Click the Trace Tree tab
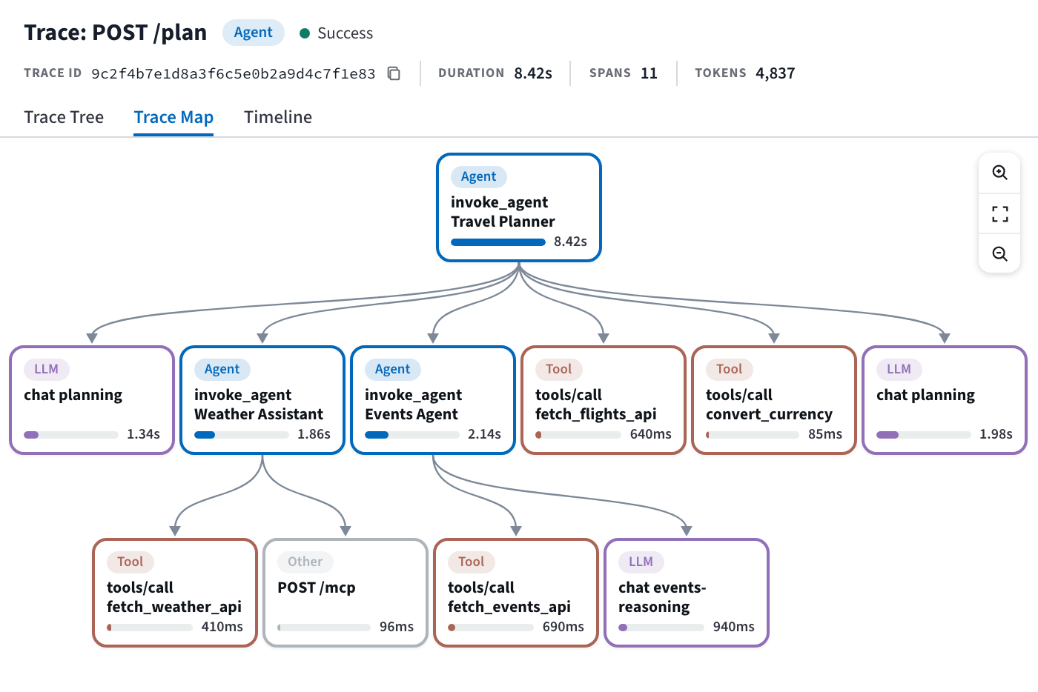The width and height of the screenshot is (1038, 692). (64, 117)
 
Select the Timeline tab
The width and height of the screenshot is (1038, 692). (278, 117)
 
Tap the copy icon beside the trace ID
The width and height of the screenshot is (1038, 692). (394, 73)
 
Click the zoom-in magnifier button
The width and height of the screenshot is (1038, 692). (999, 173)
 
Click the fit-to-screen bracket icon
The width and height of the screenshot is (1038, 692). (999, 214)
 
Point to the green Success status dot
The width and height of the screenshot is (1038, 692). (305, 33)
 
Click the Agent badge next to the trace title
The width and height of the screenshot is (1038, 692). (253, 33)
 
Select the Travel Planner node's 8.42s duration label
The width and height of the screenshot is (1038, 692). (570, 242)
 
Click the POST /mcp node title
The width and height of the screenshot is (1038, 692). (317, 588)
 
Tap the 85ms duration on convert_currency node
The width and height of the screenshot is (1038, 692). (824, 434)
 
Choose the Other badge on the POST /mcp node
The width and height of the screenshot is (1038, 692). (305, 562)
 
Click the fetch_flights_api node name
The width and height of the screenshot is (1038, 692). (596, 413)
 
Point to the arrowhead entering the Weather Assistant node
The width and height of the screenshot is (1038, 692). (262, 338)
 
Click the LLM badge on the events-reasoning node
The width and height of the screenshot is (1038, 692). (641, 562)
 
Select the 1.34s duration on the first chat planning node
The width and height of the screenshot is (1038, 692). (143, 434)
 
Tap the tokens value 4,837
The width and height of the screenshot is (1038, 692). (776, 73)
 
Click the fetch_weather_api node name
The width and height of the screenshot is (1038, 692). (174, 606)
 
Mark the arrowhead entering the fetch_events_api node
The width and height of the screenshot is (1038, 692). (516, 530)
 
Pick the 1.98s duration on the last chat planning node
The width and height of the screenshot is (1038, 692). (996, 434)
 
